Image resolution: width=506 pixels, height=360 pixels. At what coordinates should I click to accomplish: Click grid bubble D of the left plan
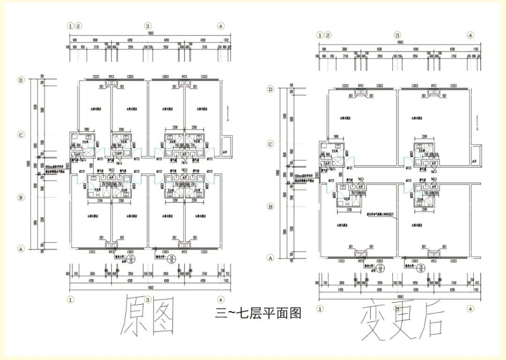[x=21, y=80]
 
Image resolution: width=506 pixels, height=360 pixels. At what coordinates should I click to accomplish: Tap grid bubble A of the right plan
[x=270, y=257]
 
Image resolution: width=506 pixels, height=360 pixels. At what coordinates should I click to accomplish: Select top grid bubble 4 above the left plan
[x=221, y=26]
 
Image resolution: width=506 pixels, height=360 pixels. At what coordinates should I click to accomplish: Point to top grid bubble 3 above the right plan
[x=397, y=35]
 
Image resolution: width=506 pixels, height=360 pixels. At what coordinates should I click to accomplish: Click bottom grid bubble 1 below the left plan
[x=70, y=299]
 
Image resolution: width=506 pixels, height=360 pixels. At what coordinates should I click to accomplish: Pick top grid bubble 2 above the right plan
[x=328, y=35]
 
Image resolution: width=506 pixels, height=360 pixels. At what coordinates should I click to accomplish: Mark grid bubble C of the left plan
[x=21, y=135]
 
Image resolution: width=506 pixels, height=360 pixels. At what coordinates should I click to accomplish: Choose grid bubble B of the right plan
[x=270, y=206]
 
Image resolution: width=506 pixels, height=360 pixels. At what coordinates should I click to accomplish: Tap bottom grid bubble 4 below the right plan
[x=470, y=308]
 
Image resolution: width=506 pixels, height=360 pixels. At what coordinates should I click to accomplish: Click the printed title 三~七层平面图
[x=258, y=313]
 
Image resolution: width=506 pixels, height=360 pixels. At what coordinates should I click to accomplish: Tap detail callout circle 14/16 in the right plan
[x=420, y=268]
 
